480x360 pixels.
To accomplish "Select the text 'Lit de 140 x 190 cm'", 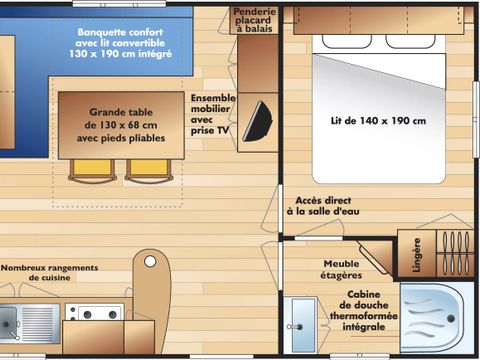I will pos(378,121).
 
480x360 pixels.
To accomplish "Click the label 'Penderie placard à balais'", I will pos(254,20).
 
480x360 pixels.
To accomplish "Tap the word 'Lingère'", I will pos(416,254).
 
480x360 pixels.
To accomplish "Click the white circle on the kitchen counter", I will pos(151,262).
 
